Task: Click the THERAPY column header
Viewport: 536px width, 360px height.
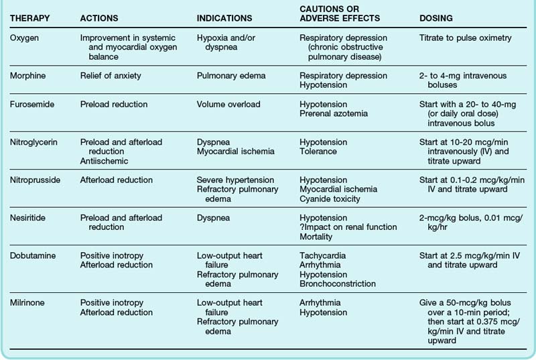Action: [31, 18]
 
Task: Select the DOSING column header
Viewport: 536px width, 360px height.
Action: [435, 18]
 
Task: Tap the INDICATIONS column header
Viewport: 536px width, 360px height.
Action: [224, 18]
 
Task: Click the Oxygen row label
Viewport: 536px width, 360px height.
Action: [25, 38]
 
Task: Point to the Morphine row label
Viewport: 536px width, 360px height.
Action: [29, 76]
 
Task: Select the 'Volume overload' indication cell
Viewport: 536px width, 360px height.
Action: [228, 105]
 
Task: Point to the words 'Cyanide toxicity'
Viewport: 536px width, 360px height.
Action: [330, 199]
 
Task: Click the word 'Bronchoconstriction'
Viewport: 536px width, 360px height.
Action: [337, 284]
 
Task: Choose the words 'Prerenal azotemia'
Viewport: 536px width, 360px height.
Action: [333, 115]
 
